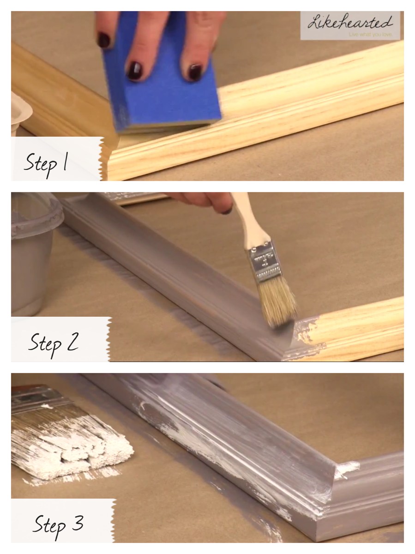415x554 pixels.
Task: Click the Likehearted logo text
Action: (x=350, y=22)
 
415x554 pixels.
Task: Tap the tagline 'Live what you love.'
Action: (x=371, y=35)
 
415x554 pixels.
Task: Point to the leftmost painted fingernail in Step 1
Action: (x=104, y=40)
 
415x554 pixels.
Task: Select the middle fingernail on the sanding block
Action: (x=135, y=71)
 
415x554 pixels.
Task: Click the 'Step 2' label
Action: (x=54, y=343)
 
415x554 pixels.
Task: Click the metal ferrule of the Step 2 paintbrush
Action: (x=264, y=261)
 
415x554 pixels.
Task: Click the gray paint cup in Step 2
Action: (x=34, y=253)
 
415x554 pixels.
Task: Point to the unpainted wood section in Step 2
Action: (x=358, y=328)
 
